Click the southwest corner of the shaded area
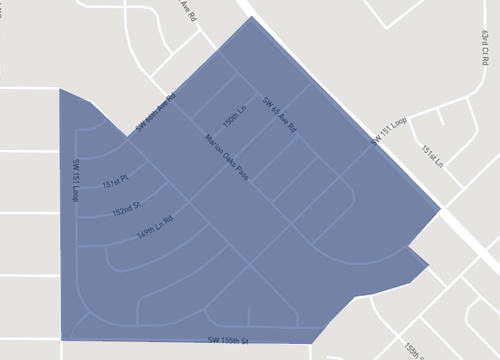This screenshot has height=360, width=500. coord(61,340)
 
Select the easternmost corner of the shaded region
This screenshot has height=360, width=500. coord(441,210)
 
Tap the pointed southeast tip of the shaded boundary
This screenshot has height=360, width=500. coord(428,266)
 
